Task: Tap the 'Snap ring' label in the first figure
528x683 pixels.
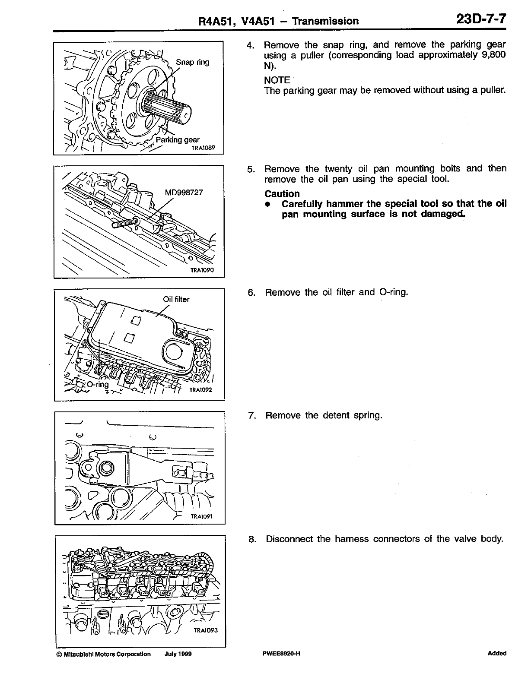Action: [x=192, y=62]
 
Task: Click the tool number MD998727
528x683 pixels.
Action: [x=184, y=193]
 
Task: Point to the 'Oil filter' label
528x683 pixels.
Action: [x=176, y=299]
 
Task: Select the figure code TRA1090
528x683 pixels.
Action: [x=202, y=271]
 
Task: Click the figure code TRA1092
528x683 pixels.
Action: [x=200, y=391]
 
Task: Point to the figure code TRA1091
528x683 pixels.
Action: [x=202, y=516]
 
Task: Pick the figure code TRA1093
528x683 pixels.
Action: [x=206, y=630]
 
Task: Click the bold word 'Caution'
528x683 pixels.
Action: [x=282, y=194]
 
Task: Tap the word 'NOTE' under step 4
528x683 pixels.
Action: [x=277, y=80]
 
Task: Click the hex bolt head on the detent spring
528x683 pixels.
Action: [x=107, y=467]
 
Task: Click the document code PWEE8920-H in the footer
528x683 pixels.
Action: [x=281, y=654]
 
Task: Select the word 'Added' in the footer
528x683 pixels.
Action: [x=496, y=654]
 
